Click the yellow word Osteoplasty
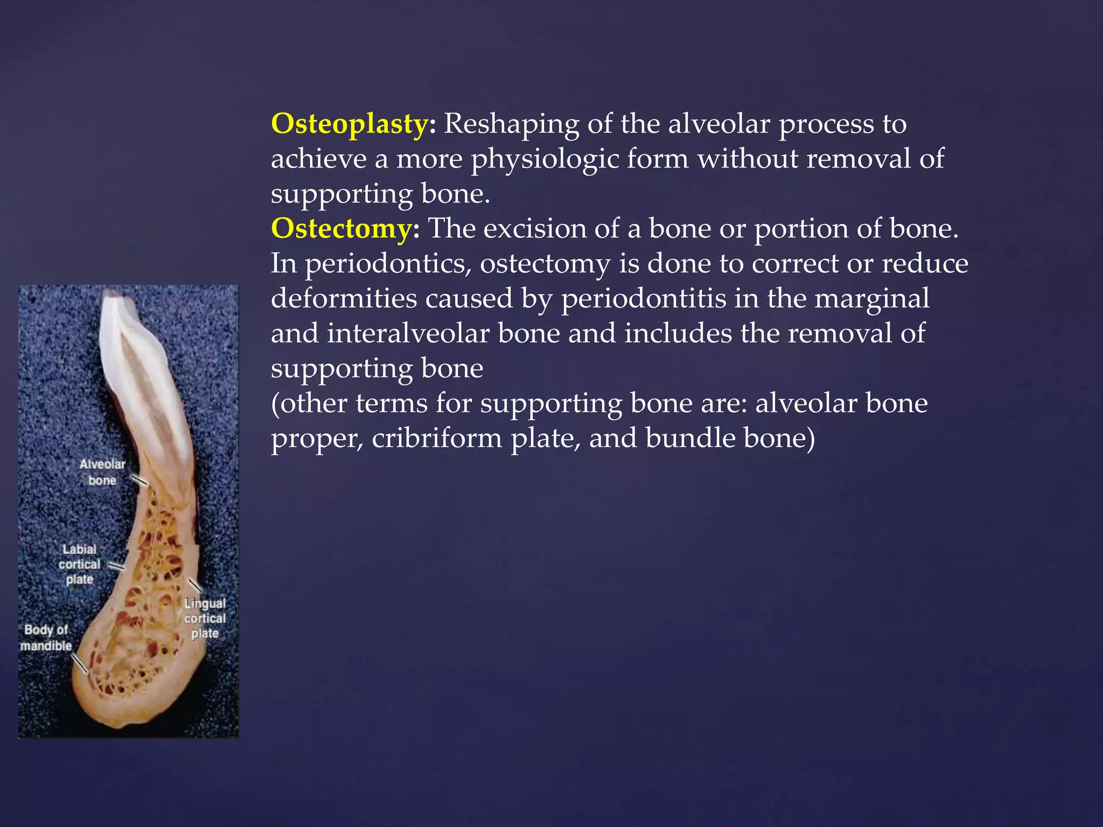(350, 124)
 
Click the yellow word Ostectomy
(341, 229)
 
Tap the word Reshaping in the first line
(511, 124)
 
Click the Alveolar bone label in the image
(102, 472)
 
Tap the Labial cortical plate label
(80, 564)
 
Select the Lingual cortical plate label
(205, 618)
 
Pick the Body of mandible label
(46, 637)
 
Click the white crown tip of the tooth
(114, 296)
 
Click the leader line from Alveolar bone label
(138, 480)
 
